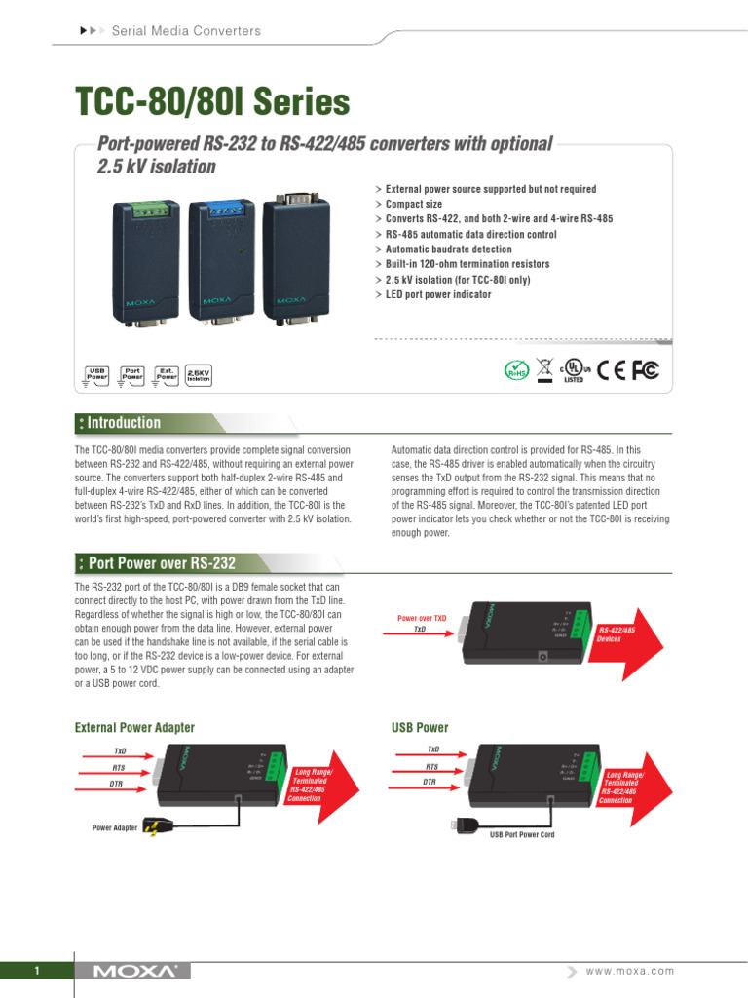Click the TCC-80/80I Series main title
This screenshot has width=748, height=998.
coord(212,102)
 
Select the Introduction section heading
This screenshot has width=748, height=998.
coord(124,423)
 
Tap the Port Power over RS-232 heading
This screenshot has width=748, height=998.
coord(161,563)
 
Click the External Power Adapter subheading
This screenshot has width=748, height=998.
coord(134,727)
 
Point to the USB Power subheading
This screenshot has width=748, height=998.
coord(420,727)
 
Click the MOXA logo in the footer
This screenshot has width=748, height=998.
coord(135,971)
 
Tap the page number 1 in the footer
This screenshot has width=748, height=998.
coord(36,971)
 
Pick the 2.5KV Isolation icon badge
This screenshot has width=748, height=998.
coord(198,374)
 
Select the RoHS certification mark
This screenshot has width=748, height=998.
coord(516,371)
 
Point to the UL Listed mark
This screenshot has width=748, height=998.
coord(573,371)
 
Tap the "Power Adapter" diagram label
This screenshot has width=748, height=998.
coord(115,827)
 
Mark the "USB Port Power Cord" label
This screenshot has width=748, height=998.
coord(522,835)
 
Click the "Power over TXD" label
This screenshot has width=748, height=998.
coord(422,618)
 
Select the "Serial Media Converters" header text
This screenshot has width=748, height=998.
coord(187,31)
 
